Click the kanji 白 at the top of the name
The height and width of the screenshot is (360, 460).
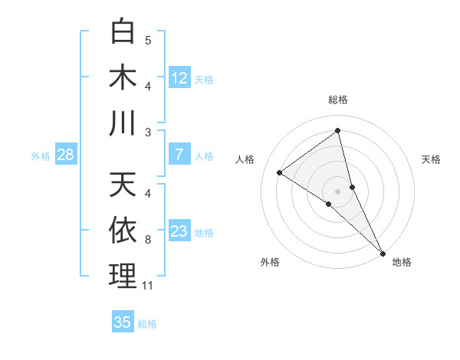pyautogui.click(x=123, y=33)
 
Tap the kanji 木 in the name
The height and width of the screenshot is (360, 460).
pyautogui.click(x=123, y=77)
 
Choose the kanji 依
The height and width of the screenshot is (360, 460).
pyautogui.click(x=123, y=231)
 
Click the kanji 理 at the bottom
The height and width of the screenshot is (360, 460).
pyautogui.click(x=123, y=276)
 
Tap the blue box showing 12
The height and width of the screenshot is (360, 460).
pyautogui.click(x=179, y=78)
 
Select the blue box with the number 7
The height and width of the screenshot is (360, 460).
pyautogui.click(x=179, y=155)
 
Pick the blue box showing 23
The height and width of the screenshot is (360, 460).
pyautogui.click(x=179, y=231)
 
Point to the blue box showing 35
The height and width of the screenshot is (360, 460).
pyautogui.click(x=123, y=322)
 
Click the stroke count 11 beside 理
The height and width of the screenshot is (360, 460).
pyautogui.click(x=148, y=286)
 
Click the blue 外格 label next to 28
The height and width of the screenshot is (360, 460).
pyautogui.click(x=41, y=156)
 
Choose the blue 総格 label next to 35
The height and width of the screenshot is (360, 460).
pyautogui.click(x=147, y=324)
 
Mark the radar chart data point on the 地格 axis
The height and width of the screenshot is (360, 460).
pyautogui.click(x=383, y=251)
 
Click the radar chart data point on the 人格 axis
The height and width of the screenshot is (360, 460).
pyautogui.click(x=279, y=173)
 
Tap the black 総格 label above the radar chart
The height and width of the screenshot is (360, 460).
pyautogui.click(x=337, y=100)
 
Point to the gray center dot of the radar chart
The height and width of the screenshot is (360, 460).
pyautogui.click(x=337, y=191)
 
